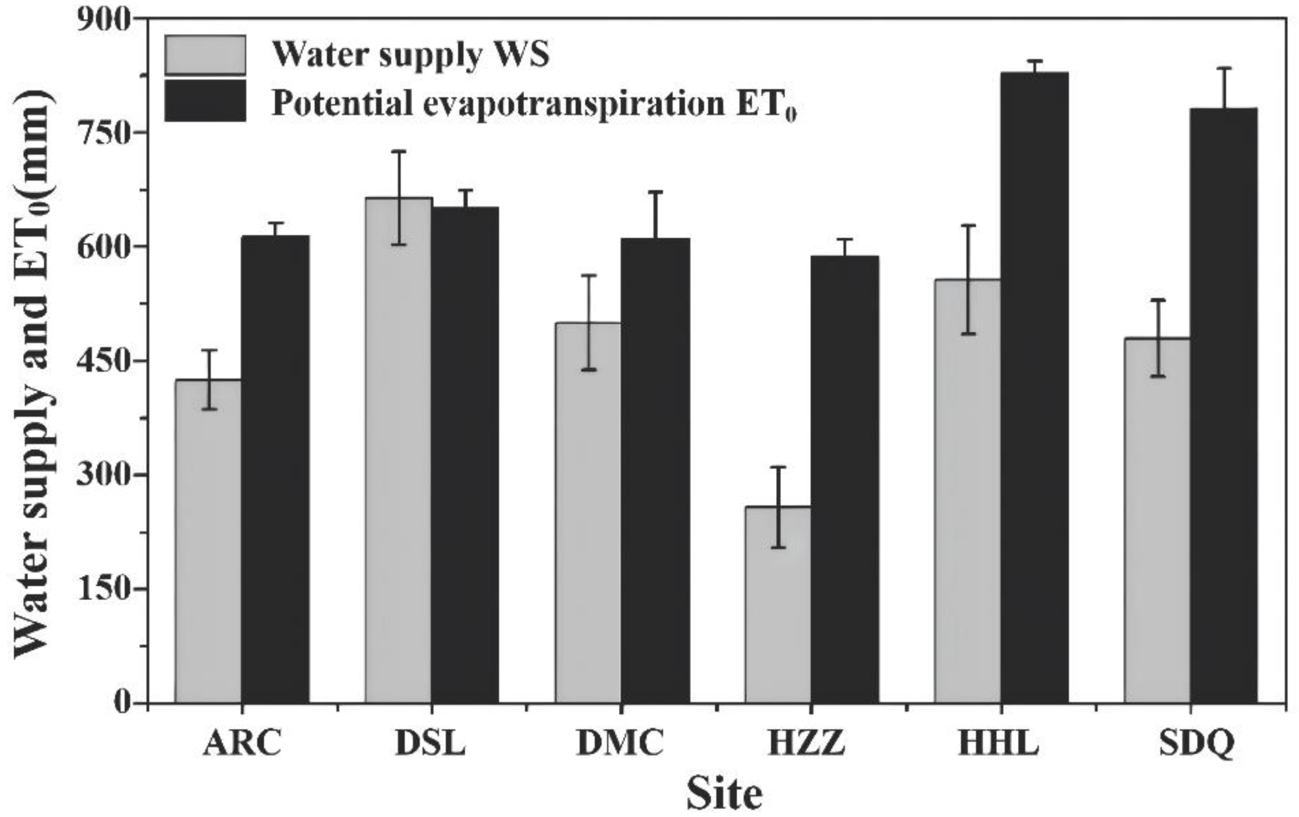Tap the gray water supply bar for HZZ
(777, 604)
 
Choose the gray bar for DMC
(588, 512)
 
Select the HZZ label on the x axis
(807, 744)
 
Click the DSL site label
(430, 744)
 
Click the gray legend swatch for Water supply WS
(205, 55)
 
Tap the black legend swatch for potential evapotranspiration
(205, 101)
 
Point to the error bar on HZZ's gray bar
(777, 507)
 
